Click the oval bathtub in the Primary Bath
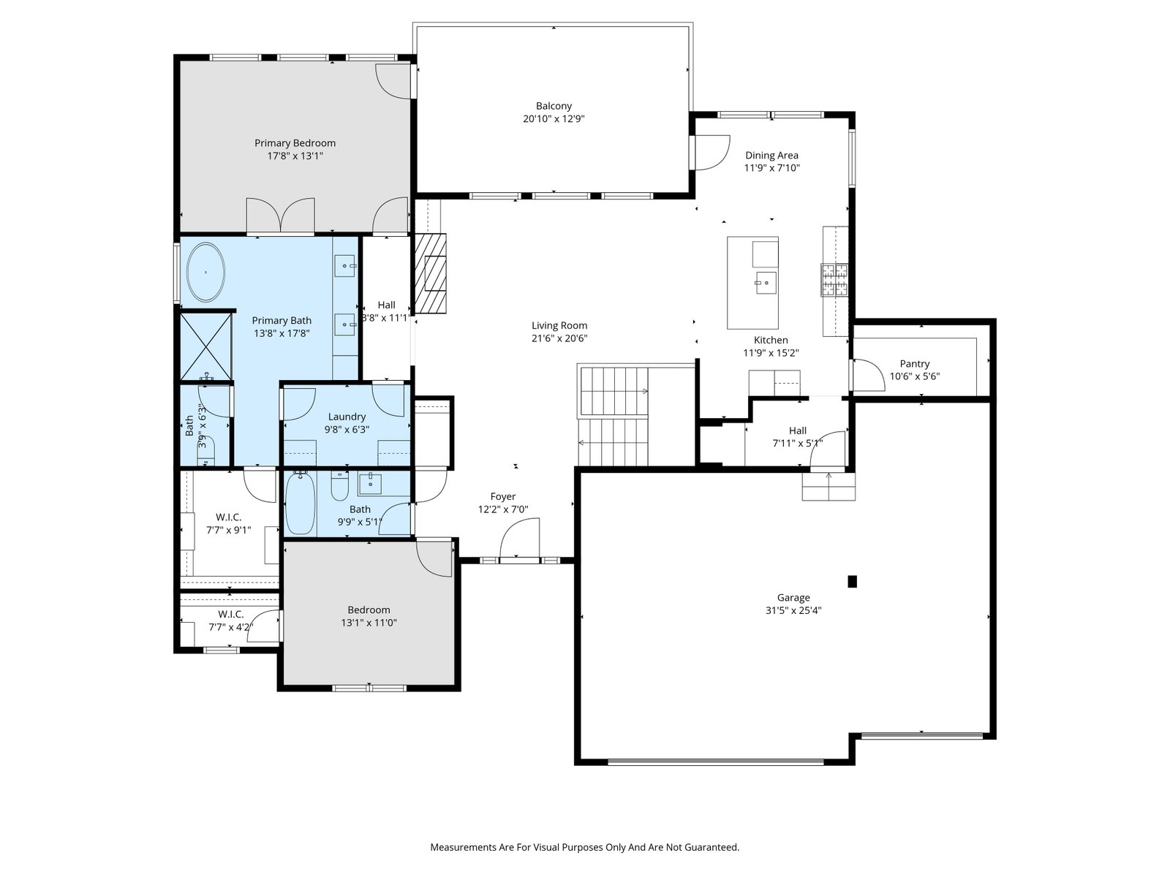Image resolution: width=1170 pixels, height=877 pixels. point(205,272)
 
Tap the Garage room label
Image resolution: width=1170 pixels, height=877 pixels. point(793,597)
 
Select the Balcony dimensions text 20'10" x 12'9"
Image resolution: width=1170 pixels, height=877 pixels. point(554,118)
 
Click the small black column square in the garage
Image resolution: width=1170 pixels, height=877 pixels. point(852,582)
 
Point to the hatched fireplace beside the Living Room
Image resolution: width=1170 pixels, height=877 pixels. point(430,273)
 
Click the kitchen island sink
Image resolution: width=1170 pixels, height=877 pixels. point(766,283)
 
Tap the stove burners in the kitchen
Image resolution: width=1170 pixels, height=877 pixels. point(834,280)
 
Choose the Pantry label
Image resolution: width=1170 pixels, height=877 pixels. point(915,364)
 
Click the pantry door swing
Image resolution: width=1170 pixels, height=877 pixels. point(869,376)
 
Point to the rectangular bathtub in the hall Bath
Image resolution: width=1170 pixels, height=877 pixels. point(301,504)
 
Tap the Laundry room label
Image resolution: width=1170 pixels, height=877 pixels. point(347,417)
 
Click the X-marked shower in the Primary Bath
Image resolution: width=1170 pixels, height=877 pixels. point(205,347)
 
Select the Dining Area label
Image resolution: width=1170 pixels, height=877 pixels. point(771,156)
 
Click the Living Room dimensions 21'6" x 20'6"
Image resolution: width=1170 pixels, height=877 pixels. point(559,338)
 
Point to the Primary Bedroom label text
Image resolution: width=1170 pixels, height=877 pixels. point(295,143)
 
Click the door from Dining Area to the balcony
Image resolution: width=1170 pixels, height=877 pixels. point(711,153)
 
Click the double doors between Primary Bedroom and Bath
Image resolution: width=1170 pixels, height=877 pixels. point(280,216)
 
